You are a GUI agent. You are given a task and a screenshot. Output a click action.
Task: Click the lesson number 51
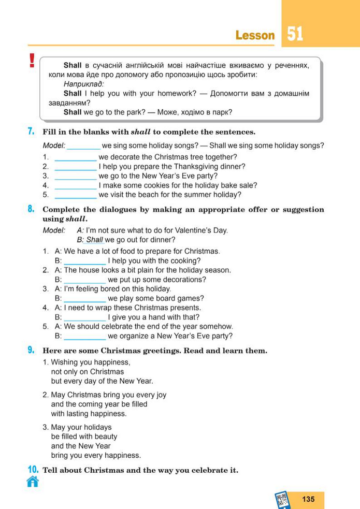[x=295, y=34]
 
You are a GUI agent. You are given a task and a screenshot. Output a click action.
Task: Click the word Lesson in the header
[x=255, y=35]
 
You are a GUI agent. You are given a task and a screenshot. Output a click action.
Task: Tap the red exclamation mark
[x=32, y=61]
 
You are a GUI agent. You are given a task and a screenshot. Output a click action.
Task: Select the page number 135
[x=308, y=499]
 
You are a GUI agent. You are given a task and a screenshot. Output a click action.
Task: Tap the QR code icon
[x=282, y=500]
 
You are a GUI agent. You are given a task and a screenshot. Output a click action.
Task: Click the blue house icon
[x=33, y=482]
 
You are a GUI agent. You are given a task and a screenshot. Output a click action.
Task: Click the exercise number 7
[x=31, y=132]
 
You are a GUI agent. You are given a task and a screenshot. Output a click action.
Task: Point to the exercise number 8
[x=31, y=209]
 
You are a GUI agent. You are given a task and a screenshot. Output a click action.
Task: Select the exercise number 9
[x=31, y=351]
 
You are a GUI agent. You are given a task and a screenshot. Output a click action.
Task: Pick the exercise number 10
[x=33, y=470]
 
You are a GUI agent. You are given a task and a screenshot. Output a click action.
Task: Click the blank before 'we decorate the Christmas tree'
[x=75, y=157]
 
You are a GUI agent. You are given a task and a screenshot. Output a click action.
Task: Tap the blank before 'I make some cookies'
[x=75, y=185]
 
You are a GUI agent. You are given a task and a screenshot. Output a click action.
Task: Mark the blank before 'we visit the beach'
[x=75, y=195]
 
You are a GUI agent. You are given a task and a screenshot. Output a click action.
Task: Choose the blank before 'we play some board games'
[x=84, y=299]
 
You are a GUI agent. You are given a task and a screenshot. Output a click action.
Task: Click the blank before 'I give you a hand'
[x=84, y=317]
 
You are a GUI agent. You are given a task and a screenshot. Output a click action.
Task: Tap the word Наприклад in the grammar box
[x=83, y=83]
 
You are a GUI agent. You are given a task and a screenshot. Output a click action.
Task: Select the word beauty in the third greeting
[x=106, y=437]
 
